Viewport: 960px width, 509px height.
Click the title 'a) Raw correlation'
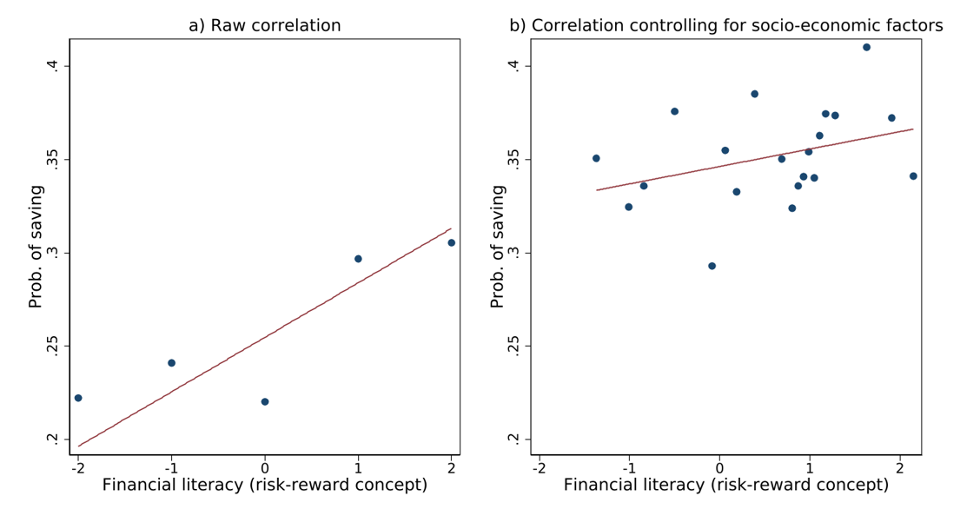pos(265,26)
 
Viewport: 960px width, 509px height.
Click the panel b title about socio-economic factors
pos(725,26)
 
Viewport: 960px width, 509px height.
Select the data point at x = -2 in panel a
pos(78,398)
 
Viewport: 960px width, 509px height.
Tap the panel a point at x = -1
pos(171,363)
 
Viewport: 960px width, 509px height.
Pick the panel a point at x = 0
pos(265,401)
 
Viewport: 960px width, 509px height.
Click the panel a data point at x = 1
pos(358,259)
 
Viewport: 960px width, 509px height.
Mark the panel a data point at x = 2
pos(451,242)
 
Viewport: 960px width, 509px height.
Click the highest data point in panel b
pos(866,47)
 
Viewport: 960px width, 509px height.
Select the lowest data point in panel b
pos(712,266)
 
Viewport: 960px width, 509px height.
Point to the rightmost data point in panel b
pos(913,176)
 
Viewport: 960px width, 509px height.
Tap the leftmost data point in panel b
pos(596,158)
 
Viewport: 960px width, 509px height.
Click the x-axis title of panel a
pos(265,485)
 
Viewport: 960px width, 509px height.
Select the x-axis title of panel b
pos(726,485)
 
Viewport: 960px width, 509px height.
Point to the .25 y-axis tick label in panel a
pos(52,346)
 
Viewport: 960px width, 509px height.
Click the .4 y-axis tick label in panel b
pos(513,65)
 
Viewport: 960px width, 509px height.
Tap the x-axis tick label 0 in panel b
pos(719,466)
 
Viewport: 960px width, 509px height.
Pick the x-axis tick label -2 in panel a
pos(76,466)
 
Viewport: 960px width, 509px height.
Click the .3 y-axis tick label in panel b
pos(513,252)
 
